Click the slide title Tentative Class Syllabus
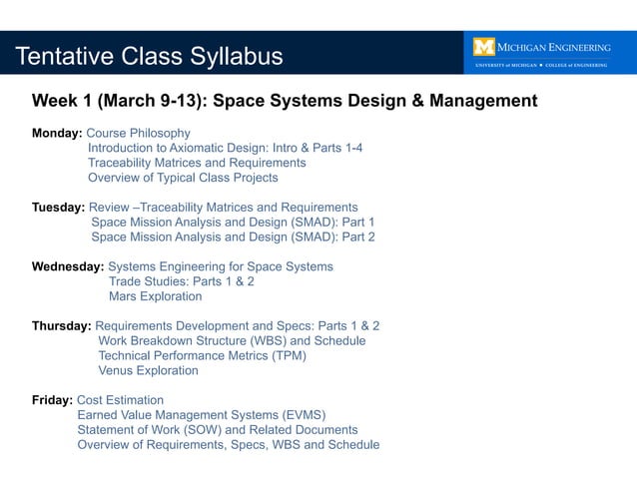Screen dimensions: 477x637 149,56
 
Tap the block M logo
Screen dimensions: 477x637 484,47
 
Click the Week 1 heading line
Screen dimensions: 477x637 285,101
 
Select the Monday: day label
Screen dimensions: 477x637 57,133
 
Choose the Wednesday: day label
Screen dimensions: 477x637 68,266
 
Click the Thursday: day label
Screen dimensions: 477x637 62,325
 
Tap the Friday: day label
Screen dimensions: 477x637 52,400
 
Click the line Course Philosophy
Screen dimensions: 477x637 138,133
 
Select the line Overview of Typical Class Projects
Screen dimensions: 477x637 183,178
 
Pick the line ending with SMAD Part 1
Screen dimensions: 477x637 233,223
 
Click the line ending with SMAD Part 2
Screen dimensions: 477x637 233,238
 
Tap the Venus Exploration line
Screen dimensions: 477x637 148,370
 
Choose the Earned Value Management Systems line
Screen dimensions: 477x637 202,415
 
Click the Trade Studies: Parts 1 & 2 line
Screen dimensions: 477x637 181,281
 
